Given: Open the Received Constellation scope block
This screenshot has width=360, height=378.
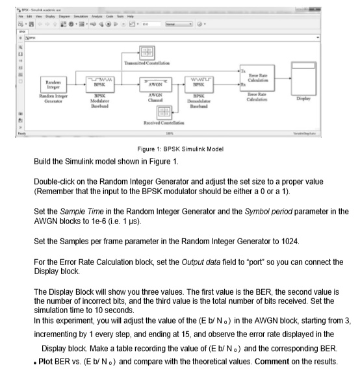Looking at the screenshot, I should (x=165, y=112).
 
